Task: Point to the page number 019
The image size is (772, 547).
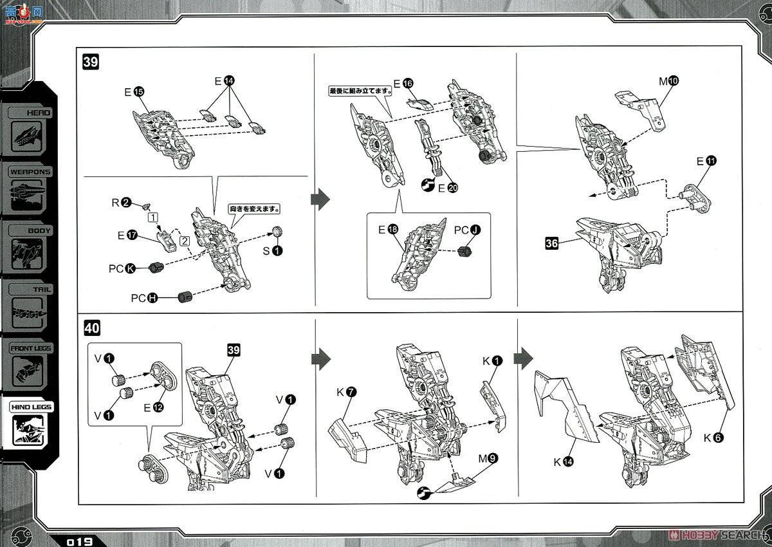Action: click(79, 541)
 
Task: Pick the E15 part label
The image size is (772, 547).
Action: click(134, 92)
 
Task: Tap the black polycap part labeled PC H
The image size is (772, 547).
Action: click(186, 297)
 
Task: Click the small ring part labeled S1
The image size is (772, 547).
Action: click(277, 232)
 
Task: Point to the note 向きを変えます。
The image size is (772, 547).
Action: click(257, 209)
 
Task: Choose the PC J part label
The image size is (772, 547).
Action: click(466, 230)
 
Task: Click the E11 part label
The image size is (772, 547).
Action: click(705, 161)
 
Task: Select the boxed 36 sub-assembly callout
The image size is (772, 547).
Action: click(551, 244)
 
